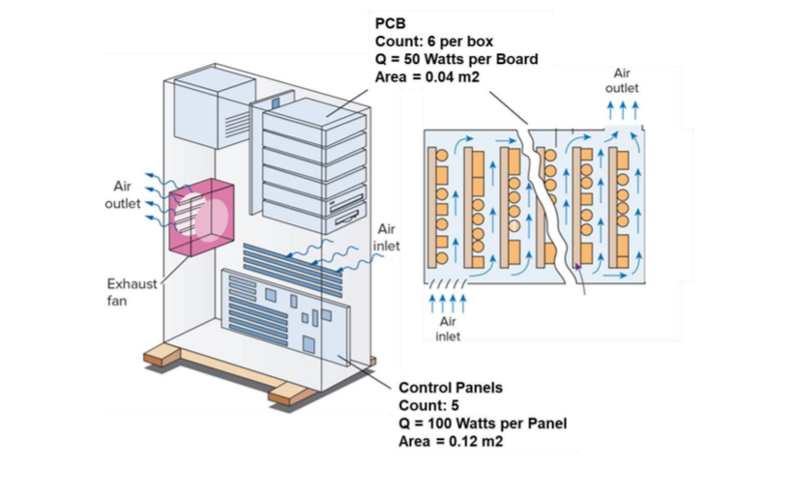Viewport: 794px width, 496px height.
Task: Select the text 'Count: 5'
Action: tap(427, 405)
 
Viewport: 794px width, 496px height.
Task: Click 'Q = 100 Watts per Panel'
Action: tap(483, 423)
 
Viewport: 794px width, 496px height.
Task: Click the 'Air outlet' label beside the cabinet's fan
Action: tap(122, 194)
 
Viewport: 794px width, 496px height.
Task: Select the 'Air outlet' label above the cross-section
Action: tap(622, 80)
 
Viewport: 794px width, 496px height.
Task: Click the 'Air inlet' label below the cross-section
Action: tap(448, 329)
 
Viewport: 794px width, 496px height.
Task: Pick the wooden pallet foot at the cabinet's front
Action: tap(290, 394)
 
